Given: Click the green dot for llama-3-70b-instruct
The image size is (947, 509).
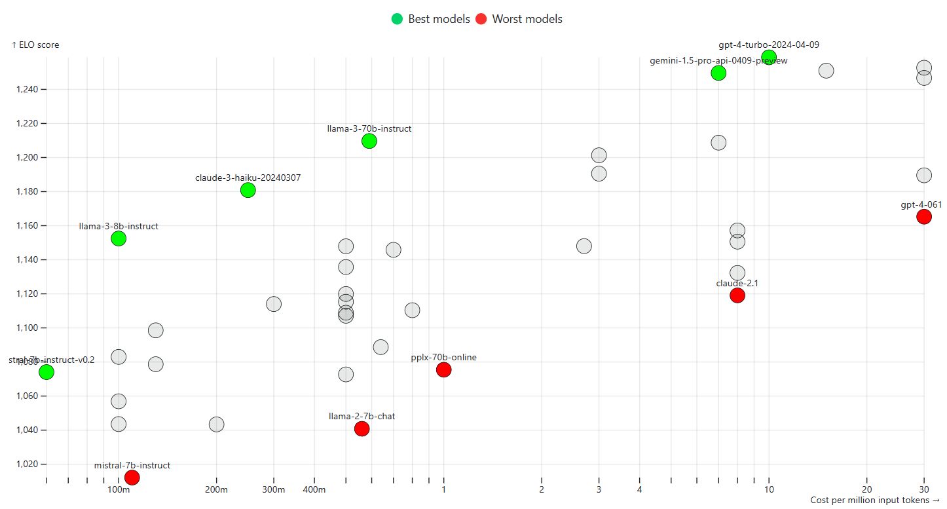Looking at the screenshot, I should [x=369, y=141].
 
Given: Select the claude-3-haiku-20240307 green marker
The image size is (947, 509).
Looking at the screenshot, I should [x=248, y=190].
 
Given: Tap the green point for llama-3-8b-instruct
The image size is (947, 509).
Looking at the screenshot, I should [x=119, y=238].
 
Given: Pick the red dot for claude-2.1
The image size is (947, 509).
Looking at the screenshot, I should [x=737, y=295].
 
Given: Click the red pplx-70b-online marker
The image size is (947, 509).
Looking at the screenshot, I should [x=443, y=369].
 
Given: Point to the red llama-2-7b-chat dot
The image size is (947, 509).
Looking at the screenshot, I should [x=362, y=428].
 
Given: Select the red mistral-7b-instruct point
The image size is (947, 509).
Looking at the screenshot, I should [x=132, y=477].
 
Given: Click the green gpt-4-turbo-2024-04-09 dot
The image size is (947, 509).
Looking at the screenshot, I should [x=769, y=57].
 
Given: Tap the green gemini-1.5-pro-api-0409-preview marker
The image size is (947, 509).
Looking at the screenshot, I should [x=718, y=73].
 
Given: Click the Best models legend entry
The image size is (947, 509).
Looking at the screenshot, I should [x=431, y=19].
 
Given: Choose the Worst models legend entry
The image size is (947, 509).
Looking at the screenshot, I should [x=519, y=19].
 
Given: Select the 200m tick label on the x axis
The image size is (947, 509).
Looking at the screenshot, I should [x=216, y=489].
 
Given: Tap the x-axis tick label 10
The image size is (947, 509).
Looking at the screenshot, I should [x=769, y=489].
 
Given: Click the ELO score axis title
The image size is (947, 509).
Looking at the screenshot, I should [x=35, y=45].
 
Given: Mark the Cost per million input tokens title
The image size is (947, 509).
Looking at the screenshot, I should [x=875, y=500].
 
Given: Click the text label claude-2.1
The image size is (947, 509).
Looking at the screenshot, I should [x=737, y=283].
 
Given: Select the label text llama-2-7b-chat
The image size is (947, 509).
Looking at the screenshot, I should [x=362, y=416].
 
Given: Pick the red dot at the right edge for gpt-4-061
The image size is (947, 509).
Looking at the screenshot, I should [x=924, y=217].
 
